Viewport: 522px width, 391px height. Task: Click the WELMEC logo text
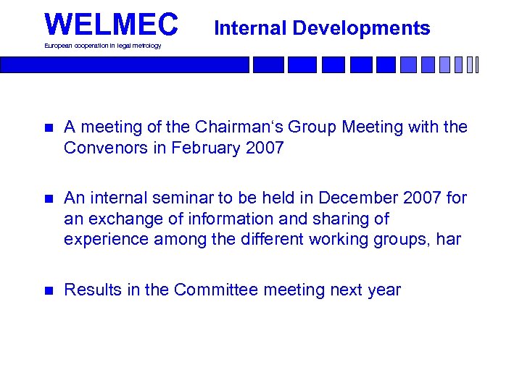(x=111, y=24)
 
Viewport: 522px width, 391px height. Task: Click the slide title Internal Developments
(x=323, y=28)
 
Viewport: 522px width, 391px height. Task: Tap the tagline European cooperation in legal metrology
(x=103, y=46)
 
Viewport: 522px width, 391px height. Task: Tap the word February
(x=212, y=148)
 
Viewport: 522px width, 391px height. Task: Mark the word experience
(x=106, y=239)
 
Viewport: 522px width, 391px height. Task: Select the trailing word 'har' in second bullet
(x=449, y=239)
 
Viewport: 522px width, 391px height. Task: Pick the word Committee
(x=216, y=290)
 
